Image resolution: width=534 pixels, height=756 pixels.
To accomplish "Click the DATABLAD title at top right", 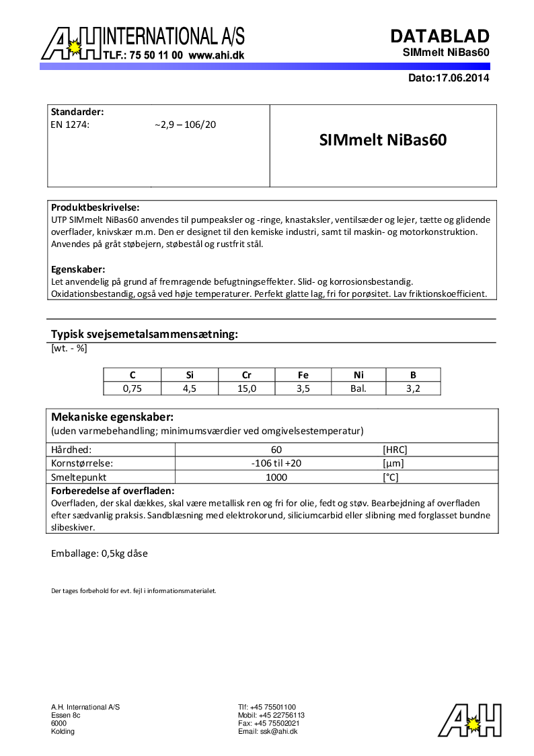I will click(x=440, y=36).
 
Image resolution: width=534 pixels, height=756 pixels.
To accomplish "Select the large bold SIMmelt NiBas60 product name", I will click(x=383, y=141).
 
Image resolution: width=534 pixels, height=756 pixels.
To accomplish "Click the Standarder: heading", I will click(x=77, y=112).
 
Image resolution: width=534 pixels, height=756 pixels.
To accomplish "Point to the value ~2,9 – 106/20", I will click(x=185, y=125).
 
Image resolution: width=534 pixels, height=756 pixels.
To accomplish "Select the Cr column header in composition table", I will click(x=246, y=375).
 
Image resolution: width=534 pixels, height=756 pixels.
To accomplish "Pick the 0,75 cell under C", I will click(x=132, y=388).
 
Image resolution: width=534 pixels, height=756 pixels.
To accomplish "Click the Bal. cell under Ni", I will click(x=358, y=388).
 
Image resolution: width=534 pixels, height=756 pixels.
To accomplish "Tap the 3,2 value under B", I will click(x=413, y=388).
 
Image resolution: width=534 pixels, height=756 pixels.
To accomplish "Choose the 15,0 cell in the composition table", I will click(x=246, y=388).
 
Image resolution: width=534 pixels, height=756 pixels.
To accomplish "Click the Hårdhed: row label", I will click(x=71, y=450).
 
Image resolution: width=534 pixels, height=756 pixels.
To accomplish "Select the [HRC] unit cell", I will click(x=395, y=450).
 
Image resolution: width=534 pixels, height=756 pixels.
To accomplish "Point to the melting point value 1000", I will click(x=276, y=477).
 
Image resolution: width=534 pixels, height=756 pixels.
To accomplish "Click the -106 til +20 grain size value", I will click(x=276, y=463).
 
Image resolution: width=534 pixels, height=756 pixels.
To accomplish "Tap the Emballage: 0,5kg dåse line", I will click(x=100, y=553).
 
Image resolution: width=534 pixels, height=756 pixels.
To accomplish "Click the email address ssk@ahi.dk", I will click(x=268, y=731).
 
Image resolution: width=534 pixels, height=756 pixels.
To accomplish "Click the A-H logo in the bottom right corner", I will click(x=470, y=720).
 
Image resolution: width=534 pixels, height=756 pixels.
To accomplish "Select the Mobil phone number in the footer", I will click(x=271, y=715).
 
